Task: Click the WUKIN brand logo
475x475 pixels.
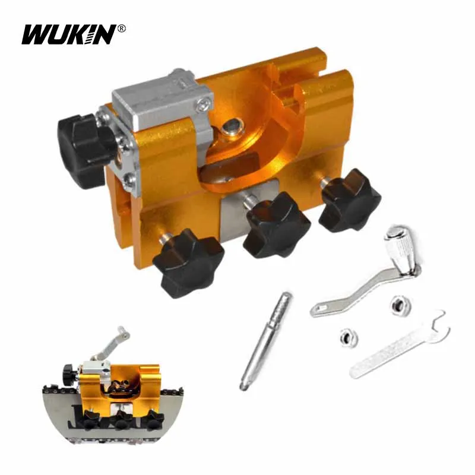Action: pyautogui.click(x=69, y=34)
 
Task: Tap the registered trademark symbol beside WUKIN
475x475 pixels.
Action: pyautogui.click(x=122, y=28)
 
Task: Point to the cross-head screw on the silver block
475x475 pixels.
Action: pyautogui.click(x=203, y=104)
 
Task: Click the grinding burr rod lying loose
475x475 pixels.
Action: pyautogui.click(x=265, y=340)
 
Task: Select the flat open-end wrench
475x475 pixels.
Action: pyautogui.click(x=399, y=344)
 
